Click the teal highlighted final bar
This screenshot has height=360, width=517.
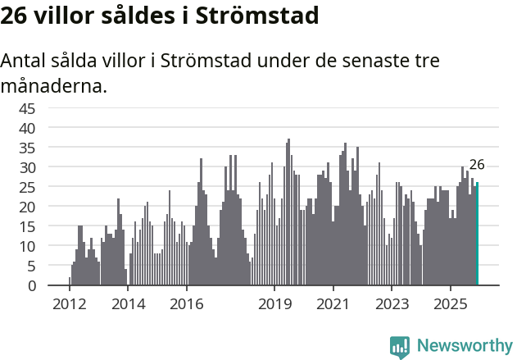(478, 235)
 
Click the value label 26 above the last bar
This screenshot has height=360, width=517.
(477, 165)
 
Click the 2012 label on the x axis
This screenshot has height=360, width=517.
(69, 304)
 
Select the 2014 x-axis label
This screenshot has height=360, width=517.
(128, 304)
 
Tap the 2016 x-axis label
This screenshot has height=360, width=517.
(187, 304)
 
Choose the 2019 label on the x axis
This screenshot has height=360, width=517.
(274, 304)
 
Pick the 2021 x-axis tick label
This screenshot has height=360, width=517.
(333, 304)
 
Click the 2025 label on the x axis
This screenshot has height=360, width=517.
(451, 304)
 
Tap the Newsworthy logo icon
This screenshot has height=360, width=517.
(400, 346)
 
